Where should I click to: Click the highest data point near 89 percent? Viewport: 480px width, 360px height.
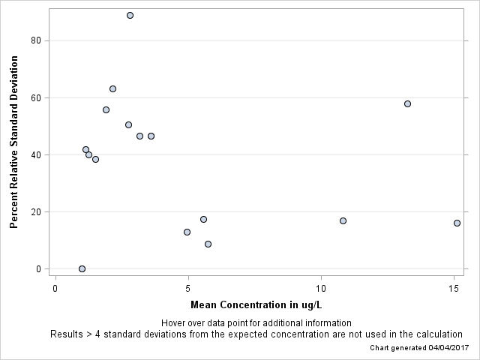click(130, 15)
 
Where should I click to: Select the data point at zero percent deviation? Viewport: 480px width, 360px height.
click(82, 268)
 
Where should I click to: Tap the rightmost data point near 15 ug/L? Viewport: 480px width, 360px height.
click(457, 223)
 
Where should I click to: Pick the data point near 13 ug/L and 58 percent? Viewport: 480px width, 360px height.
click(407, 103)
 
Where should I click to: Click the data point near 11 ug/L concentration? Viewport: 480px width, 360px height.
click(343, 220)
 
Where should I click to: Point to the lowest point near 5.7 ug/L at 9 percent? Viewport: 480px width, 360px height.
click(208, 244)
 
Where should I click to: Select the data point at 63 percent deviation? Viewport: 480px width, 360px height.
click(112, 88)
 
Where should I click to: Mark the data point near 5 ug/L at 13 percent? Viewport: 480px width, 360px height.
click(187, 232)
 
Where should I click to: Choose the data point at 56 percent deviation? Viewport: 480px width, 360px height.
click(106, 109)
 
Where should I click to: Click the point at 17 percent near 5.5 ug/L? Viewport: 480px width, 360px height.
click(203, 219)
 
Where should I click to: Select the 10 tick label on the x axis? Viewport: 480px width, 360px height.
click(321, 289)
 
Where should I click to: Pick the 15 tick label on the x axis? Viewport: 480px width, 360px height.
click(454, 289)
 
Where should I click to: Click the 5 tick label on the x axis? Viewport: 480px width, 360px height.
click(188, 289)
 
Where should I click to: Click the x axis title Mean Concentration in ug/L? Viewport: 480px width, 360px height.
click(256, 305)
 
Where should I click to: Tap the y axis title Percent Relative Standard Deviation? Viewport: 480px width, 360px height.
click(13, 156)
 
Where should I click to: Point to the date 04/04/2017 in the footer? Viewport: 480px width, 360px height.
click(442, 349)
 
